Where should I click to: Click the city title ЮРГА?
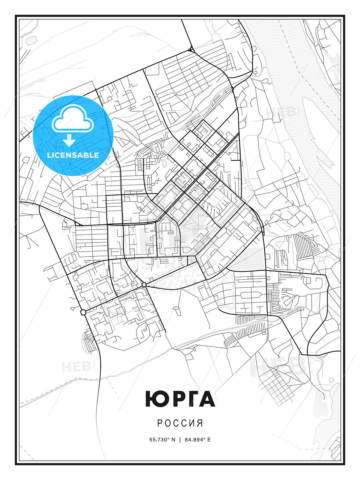[x=180, y=399]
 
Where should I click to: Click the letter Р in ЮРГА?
[x=173, y=399]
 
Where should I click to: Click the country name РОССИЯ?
[x=180, y=423]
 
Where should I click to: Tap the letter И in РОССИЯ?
[x=192, y=423]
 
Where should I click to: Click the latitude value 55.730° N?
[x=162, y=440]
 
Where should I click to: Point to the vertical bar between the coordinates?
[x=180, y=440]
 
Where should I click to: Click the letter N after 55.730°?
[x=173, y=440]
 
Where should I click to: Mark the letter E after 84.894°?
[x=209, y=440]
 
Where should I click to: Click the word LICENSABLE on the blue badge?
[x=73, y=155]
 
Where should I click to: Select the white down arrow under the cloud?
[x=69, y=140]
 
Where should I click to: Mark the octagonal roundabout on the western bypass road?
[x=83, y=312]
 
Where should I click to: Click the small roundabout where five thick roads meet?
[x=144, y=284]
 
